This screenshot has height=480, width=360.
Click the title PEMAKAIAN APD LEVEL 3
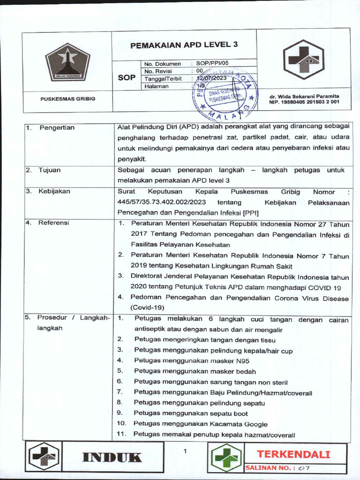coord(184,45)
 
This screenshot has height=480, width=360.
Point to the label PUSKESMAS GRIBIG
coord(67,98)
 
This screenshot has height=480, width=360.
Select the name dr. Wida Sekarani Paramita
coord(304,96)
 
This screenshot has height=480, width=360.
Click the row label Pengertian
coord(57,127)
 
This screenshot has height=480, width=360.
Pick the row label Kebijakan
coord(54,192)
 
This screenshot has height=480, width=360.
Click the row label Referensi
coord(54,223)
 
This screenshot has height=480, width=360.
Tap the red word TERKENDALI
coord(293,454)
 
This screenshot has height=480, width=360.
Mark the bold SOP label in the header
coord(126,77)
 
